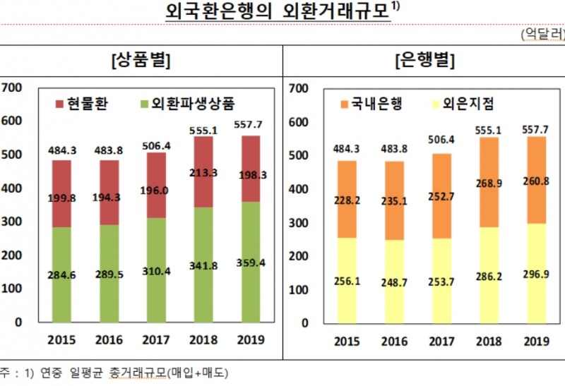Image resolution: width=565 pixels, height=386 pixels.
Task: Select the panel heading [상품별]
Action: [141, 60]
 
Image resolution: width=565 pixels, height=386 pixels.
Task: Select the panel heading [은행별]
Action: [424, 60]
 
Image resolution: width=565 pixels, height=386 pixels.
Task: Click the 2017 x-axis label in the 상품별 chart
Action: [157, 340]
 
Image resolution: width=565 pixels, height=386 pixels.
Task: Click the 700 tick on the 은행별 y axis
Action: [298, 89]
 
